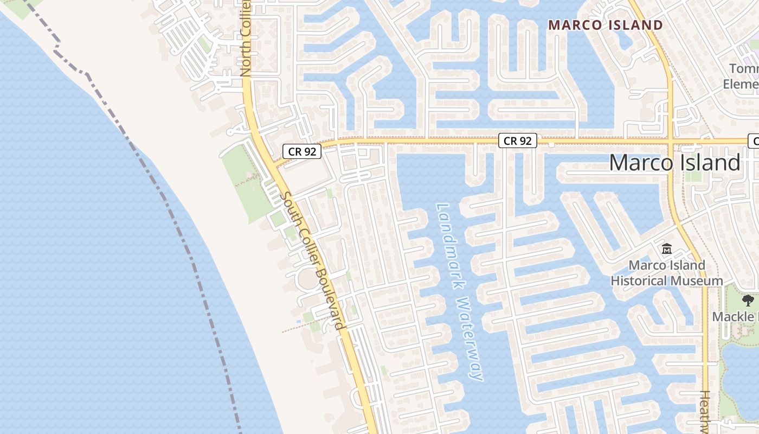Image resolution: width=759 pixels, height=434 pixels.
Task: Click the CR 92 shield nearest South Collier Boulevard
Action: tap(302, 151)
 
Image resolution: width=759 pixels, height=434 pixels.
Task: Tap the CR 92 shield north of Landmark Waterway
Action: tap(517, 141)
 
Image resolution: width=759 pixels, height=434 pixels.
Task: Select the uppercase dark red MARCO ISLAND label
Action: tap(605, 25)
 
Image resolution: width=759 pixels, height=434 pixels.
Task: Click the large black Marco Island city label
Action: tap(674, 163)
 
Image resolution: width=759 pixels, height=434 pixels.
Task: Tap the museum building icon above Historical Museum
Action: tap(667, 250)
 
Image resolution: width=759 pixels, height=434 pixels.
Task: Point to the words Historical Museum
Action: tap(667, 281)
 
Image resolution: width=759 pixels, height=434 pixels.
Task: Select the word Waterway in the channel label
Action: tap(469, 339)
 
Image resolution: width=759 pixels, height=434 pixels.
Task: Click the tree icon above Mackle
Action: tap(748, 300)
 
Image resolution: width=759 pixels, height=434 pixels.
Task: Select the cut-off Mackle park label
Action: tap(735, 317)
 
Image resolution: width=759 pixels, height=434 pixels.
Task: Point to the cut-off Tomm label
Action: tap(743, 69)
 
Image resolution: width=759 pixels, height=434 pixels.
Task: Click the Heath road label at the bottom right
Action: tap(704, 410)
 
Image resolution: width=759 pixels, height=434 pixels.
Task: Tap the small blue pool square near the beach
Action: tap(299, 322)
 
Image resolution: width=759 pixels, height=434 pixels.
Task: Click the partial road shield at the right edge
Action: tap(754, 141)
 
